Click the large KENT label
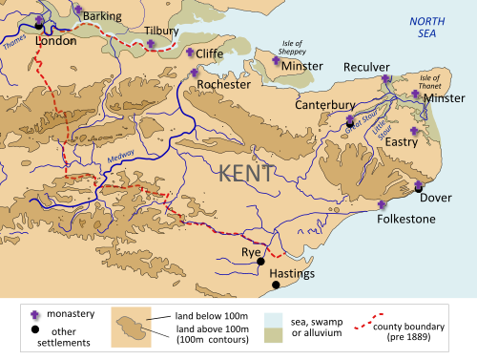tap(246, 173)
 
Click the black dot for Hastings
tap(276, 285)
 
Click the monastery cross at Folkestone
tap(383, 204)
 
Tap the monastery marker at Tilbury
tap(151, 44)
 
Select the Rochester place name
tap(223, 84)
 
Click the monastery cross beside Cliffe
tap(191, 53)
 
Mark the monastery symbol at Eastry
tap(414, 131)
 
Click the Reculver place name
tap(368, 67)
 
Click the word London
tap(54, 43)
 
